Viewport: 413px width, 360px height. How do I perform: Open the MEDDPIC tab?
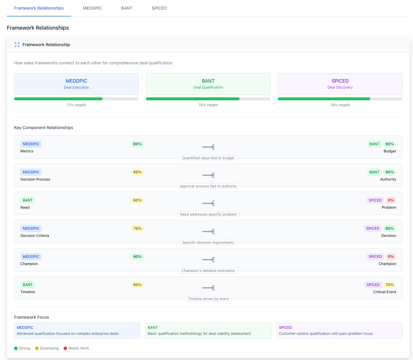pyautogui.click(x=92, y=8)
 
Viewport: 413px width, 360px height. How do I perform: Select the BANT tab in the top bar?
pyautogui.click(x=127, y=8)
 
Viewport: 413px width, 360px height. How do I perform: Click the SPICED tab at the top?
pyautogui.click(x=159, y=8)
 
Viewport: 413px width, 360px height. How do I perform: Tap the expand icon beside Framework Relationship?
pyautogui.click(x=17, y=45)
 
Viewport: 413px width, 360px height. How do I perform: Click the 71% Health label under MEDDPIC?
pyautogui.click(x=76, y=105)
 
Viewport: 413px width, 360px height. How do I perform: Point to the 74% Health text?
pyautogui.click(x=340, y=105)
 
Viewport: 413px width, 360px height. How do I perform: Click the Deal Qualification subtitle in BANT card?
pyautogui.click(x=208, y=87)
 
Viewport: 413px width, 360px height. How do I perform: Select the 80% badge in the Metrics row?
pyautogui.click(x=138, y=144)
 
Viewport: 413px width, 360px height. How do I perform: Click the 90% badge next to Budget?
pyautogui.click(x=390, y=144)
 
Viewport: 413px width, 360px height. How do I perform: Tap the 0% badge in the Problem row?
pyautogui.click(x=391, y=200)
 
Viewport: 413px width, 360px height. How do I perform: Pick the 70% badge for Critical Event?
pyautogui.click(x=390, y=285)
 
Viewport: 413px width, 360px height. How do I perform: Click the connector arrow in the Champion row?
pyautogui.click(x=208, y=260)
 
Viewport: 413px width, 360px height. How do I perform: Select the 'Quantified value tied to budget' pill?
pyautogui.click(x=208, y=158)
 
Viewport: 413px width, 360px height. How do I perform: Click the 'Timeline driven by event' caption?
pyautogui.click(x=208, y=299)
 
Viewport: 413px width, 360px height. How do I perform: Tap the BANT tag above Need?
pyautogui.click(x=28, y=200)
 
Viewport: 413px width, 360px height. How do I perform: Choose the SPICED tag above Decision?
pyautogui.click(x=373, y=229)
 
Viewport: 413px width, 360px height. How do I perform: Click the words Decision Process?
pyautogui.click(x=35, y=179)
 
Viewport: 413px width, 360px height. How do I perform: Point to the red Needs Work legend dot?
pyautogui.click(x=65, y=348)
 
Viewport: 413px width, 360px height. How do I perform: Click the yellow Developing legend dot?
pyautogui.click(x=37, y=348)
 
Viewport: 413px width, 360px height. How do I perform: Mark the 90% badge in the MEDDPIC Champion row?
pyautogui.click(x=138, y=257)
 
